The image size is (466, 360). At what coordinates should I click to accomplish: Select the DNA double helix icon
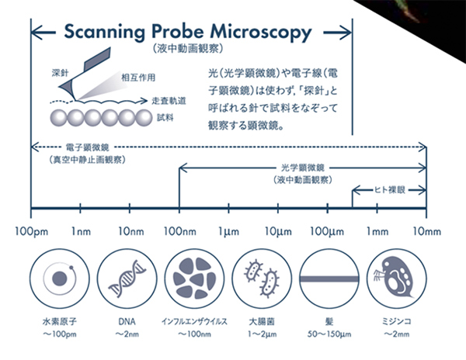point(126,278)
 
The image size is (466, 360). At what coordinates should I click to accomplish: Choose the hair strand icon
point(326,278)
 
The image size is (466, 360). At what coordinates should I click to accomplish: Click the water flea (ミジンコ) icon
point(392,278)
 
